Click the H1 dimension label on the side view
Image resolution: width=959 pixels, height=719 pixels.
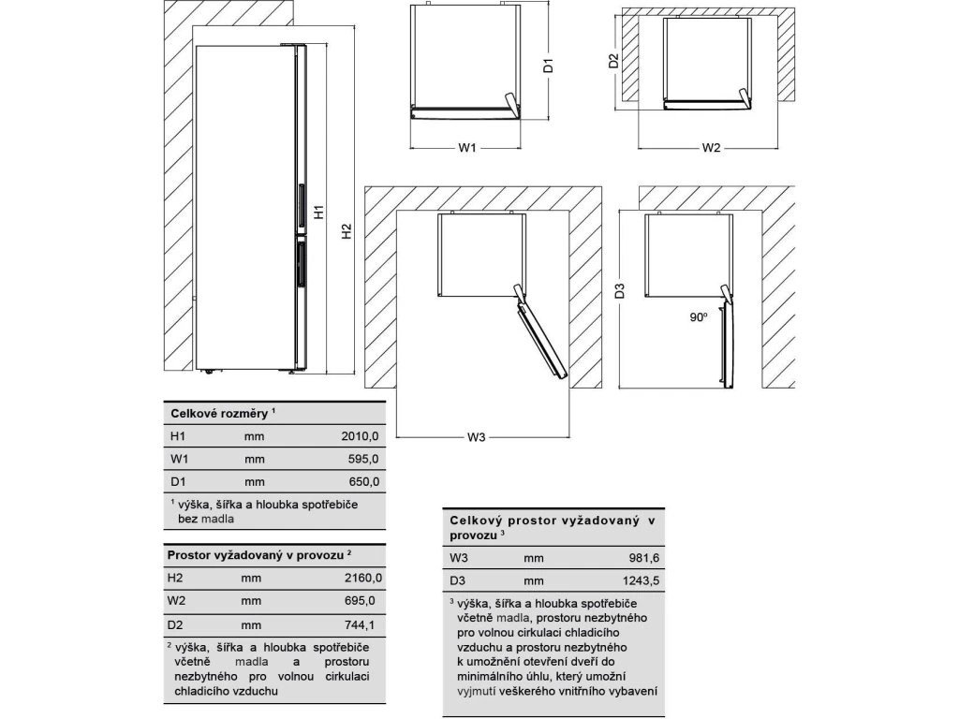pyautogui.click(x=318, y=213)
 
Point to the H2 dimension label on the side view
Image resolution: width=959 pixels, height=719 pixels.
pyautogui.click(x=346, y=231)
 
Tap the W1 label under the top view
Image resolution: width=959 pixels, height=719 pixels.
pyautogui.click(x=468, y=148)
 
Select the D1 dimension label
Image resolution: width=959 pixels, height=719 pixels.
pyautogui.click(x=550, y=66)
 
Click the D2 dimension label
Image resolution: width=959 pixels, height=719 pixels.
pyautogui.click(x=613, y=62)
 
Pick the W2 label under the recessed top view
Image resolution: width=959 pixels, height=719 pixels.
pyautogui.click(x=711, y=148)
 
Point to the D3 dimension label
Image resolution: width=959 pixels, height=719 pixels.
pyautogui.click(x=620, y=290)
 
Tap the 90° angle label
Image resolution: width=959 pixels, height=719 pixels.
pyautogui.click(x=698, y=318)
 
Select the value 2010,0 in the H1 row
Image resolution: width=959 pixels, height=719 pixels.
pyautogui.click(x=361, y=436)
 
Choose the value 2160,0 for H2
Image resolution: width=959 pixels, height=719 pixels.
pyautogui.click(x=363, y=578)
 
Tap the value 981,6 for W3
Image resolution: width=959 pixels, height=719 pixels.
pyautogui.click(x=643, y=558)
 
